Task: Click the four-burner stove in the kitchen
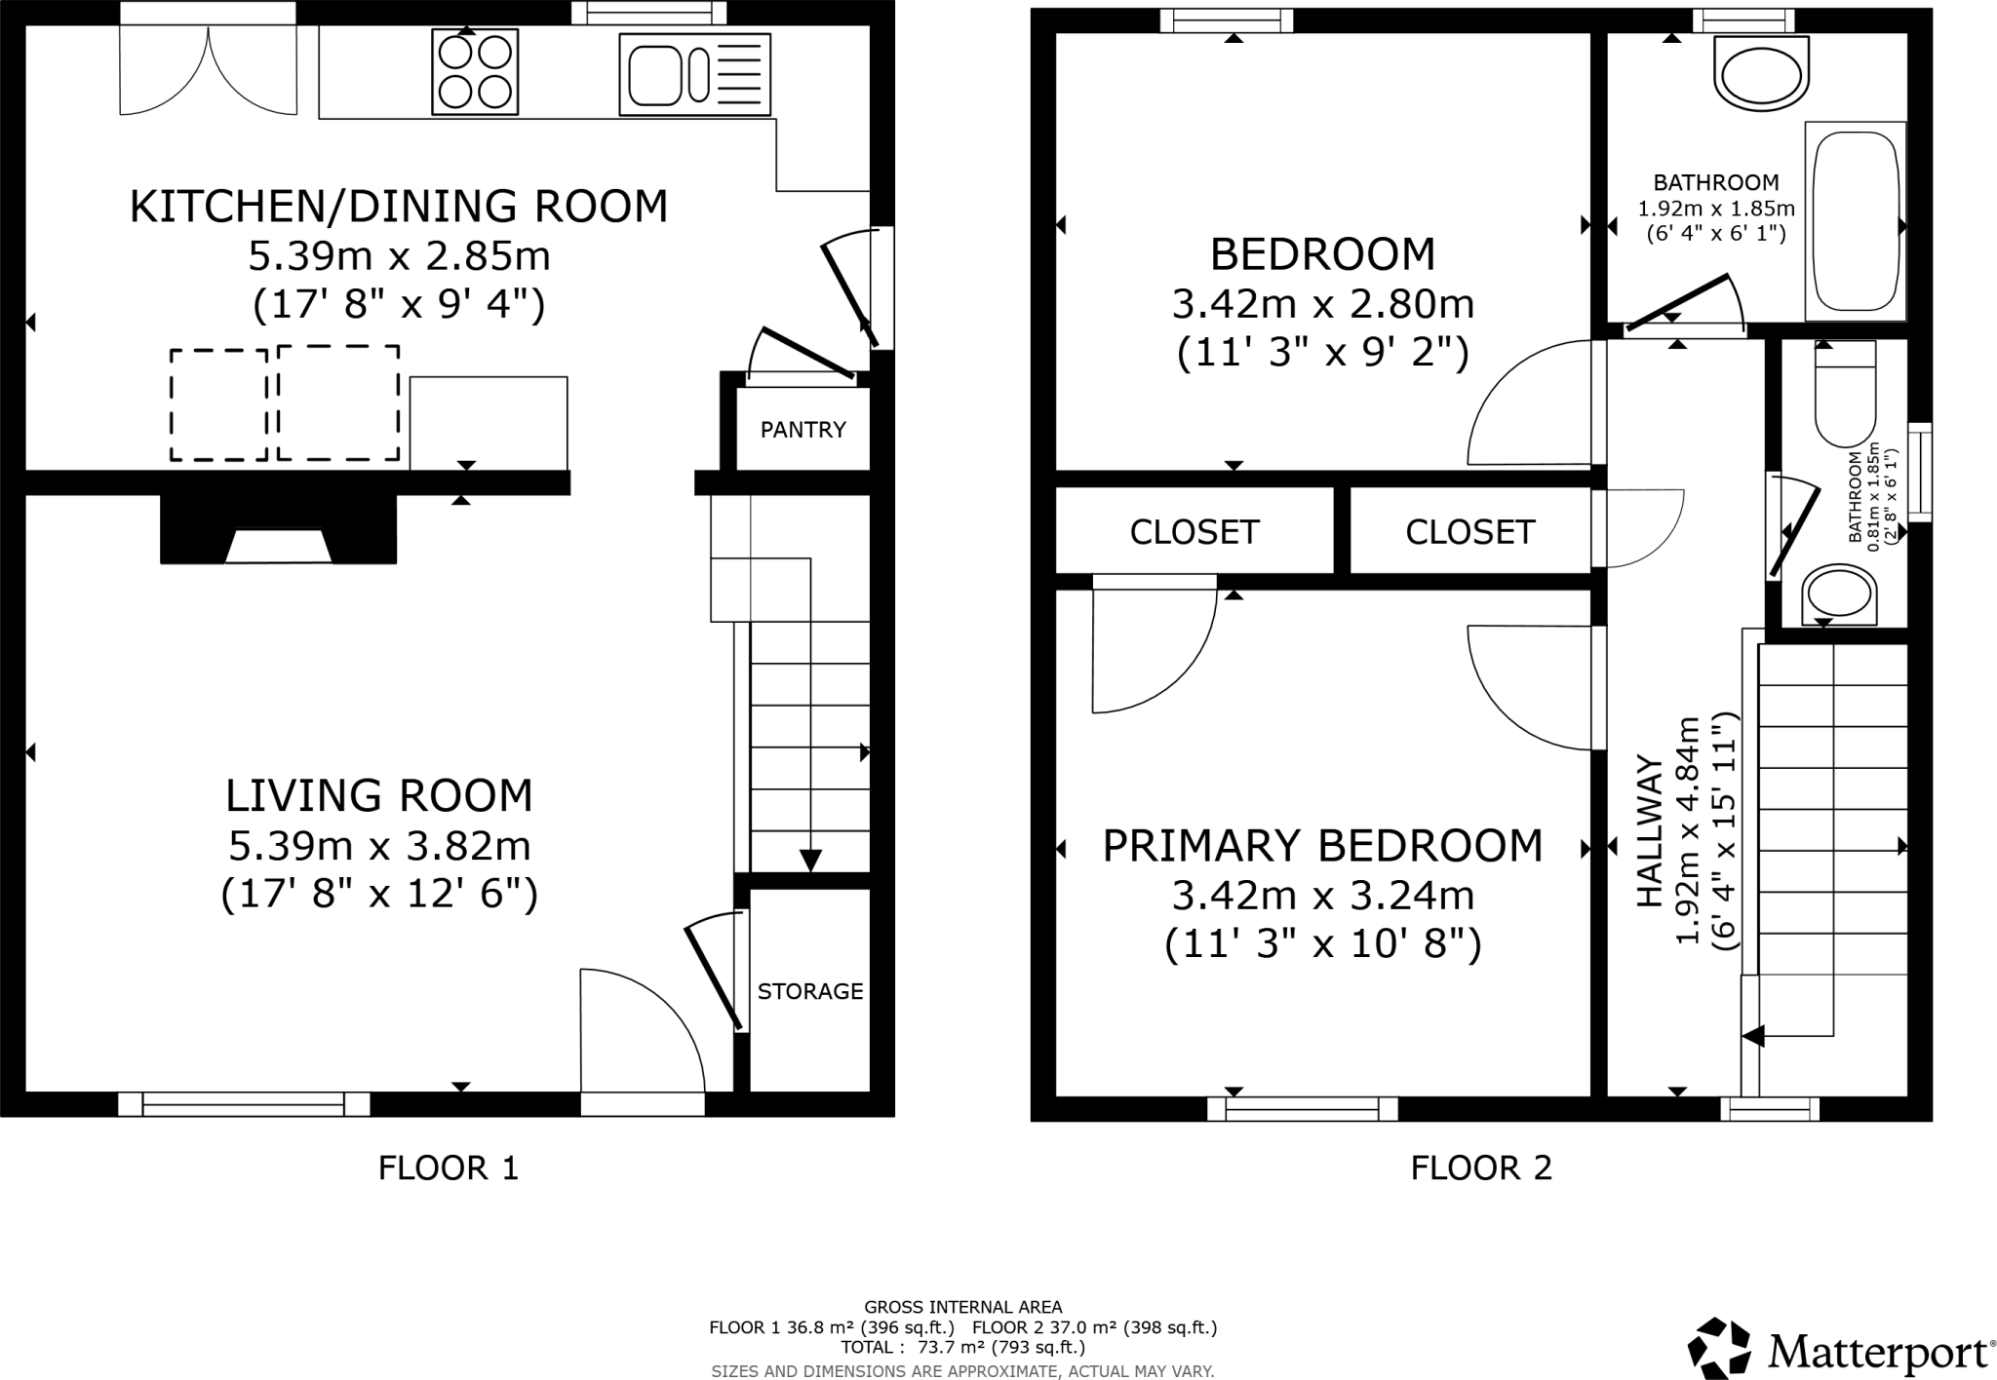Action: click(x=474, y=72)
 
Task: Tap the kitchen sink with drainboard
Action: click(x=693, y=75)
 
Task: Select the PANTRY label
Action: click(x=803, y=430)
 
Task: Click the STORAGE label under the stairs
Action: click(x=809, y=991)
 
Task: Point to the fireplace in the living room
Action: click(x=278, y=531)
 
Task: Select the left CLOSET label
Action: click(x=1194, y=531)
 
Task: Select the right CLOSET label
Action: click(x=1469, y=531)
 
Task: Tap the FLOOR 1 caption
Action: click(x=448, y=1168)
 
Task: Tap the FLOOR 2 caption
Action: click(x=1480, y=1168)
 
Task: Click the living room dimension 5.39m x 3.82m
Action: click(x=379, y=846)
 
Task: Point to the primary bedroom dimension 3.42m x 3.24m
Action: click(x=1322, y=895)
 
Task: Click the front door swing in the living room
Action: click(x=639, y=1033)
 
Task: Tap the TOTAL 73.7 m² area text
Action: click(x=962, y=1348)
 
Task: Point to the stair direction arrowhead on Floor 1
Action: click(x=810, y=861)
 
